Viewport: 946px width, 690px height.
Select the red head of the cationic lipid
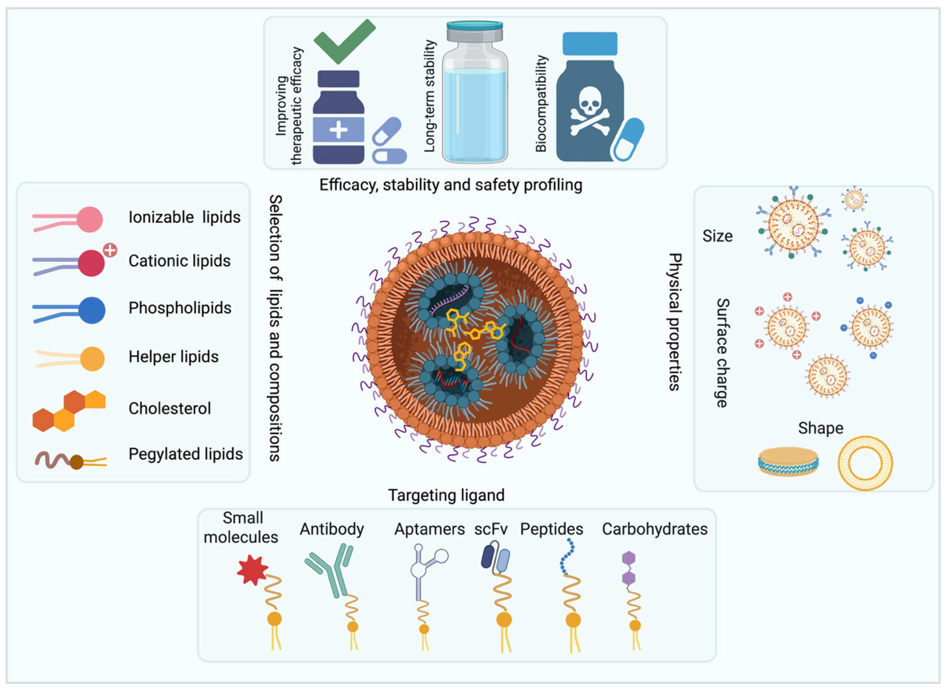91,263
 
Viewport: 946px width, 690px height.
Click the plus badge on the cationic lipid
110,250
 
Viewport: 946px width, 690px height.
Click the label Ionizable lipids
184,217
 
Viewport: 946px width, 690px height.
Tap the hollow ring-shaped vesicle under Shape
865,463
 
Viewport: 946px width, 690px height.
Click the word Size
717,236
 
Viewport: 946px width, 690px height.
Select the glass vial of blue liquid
475,96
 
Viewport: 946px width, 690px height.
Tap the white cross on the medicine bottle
338,129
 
